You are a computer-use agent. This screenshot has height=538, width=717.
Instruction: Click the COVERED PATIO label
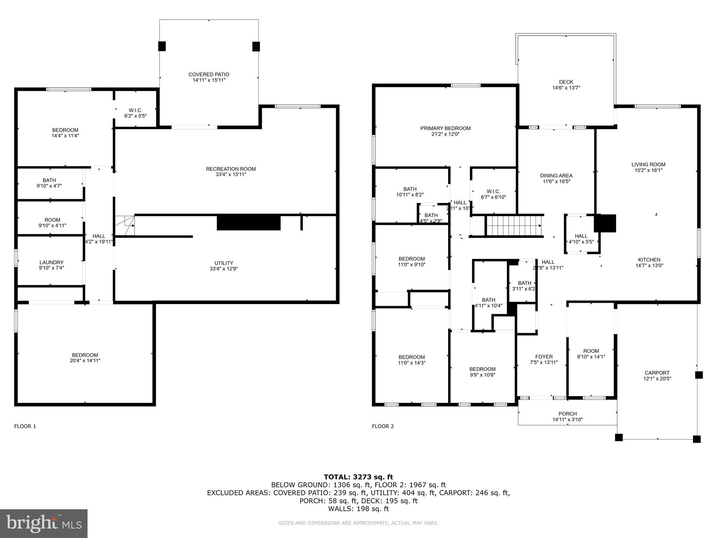(x=209, y=75)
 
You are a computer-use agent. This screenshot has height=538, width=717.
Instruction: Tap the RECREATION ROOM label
(x=231, y=169)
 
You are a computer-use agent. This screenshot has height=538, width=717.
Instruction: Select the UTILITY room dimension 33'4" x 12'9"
(x=224, y=269)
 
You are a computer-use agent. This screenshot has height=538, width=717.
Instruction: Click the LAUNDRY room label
(x=51, y=262)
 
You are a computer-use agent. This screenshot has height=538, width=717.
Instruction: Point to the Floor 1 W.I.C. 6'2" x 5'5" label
(x=135, y=113)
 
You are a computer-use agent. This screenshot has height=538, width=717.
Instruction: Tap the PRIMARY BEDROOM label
(x=445, y=129)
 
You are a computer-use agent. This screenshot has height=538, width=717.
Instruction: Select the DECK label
(x=566, y=82)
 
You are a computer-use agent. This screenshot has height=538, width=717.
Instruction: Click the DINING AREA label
(x=556, y=176)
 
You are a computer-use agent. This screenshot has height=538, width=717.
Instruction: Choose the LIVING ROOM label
(x=648, y=165)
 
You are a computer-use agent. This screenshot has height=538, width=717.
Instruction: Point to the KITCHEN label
(x=649, y=260)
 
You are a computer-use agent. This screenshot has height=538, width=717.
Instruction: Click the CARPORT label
(x=657, y=373)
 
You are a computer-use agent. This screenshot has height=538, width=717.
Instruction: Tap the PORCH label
(x=568, y=414)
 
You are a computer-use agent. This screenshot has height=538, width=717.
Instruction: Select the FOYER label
(x=544, y=357)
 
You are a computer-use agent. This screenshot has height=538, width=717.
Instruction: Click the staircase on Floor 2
(x=514, y=226)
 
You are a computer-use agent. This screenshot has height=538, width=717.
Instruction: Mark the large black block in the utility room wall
(x=249, y=222)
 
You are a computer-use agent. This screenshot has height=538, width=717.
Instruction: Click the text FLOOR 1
(x=25, y=426)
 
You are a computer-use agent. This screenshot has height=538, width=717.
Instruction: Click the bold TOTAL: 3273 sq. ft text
(x=358, y=477)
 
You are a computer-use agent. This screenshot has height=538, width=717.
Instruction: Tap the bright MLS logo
(x=44, y=524)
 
